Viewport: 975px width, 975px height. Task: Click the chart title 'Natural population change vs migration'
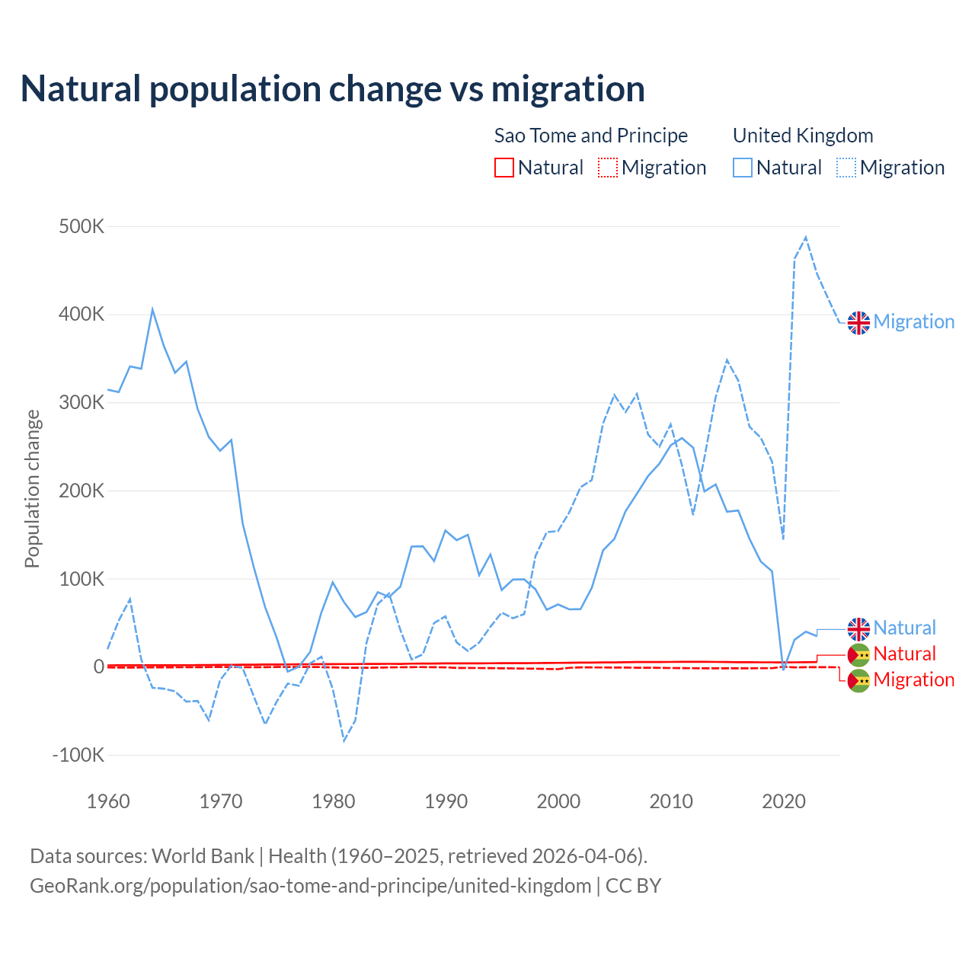[333, 89]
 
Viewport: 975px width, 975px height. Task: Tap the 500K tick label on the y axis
[82, 227]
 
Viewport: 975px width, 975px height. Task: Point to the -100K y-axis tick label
[78, 756]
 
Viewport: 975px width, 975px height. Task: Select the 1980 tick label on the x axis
[334, 801]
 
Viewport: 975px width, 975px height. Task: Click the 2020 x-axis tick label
[784, 801]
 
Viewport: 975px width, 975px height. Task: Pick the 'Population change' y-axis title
[32, 488]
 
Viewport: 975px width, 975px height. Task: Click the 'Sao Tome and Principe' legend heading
[591, 136]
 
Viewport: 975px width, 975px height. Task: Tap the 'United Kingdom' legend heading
[803, 136]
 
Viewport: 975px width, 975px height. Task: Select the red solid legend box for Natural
[504, 168]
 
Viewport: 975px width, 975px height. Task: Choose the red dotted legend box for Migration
[608, 168]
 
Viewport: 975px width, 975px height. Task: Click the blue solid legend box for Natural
[743, 168]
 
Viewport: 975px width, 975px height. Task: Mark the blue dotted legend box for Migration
[846, 168]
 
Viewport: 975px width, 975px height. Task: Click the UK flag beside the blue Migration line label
[858, 323]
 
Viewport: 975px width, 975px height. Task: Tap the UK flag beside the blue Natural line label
[858, 629]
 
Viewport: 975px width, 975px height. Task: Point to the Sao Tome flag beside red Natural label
[858, 655]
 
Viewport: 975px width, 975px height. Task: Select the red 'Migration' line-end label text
[914, 680]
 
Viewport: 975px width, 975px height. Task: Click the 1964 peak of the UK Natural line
[152, 309]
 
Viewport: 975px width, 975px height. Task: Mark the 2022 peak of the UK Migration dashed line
[806, 238]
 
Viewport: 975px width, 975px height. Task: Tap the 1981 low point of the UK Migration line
[344, 740]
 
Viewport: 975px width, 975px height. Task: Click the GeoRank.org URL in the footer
[311, 886]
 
